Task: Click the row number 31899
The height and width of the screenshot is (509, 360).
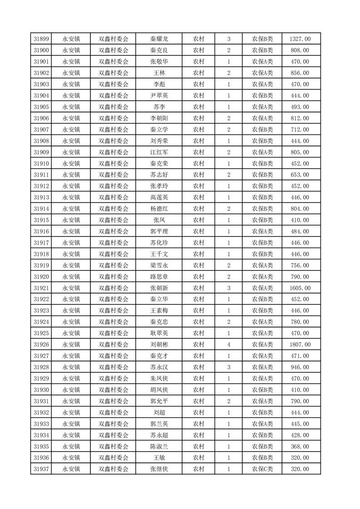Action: click(x=41, y=39)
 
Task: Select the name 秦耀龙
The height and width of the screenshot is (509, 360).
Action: click(x=159, y=39)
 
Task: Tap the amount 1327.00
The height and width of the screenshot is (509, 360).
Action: click(x=300, y=39)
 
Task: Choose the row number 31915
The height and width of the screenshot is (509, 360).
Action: click(x=41, y=220)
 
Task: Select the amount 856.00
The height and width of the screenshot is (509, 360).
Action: click(x=300, y=73)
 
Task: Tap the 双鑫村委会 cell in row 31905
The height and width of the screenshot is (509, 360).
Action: click(x=113, y=107)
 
